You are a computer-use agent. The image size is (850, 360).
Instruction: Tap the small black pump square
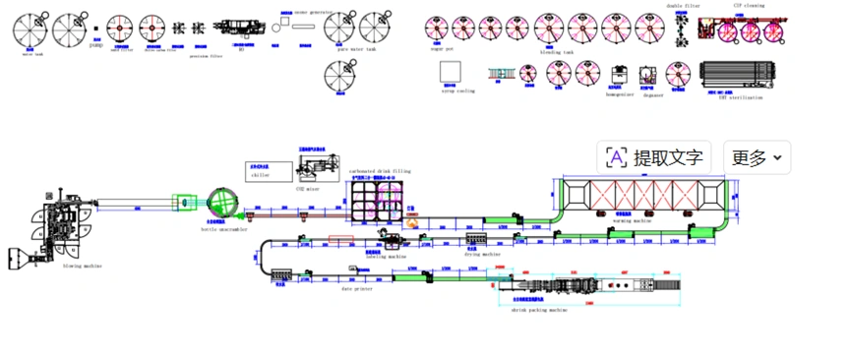(x=96, y=30)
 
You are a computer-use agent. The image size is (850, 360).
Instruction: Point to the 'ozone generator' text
(x=313, y=13)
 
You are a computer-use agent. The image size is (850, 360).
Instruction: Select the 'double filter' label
(x=683, y=6)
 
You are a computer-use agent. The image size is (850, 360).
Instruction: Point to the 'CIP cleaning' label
(x=750, y=6)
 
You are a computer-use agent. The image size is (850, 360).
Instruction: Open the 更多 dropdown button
(x=756, y=157)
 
